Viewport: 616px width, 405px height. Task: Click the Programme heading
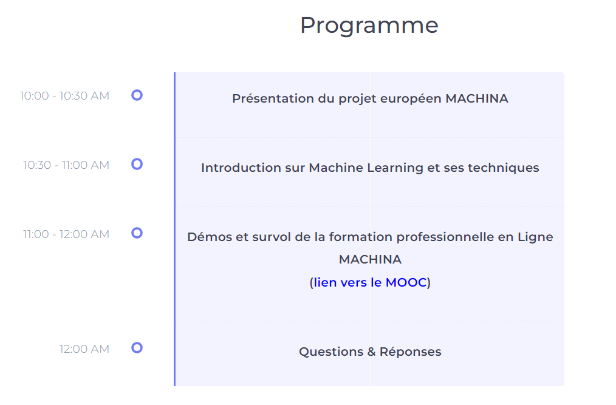(x=369, y=26)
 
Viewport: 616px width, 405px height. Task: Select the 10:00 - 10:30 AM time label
(x=64, y=96)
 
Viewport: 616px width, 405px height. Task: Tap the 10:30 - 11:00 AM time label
(x=66, y=165)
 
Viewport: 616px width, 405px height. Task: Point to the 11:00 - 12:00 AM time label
(x=66, y=234)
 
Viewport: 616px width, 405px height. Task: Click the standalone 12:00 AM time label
(x=84, y=349)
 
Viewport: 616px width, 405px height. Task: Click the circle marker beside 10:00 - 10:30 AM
(x=137, y=95)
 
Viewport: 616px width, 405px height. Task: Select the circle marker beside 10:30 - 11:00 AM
(x=137, y=164)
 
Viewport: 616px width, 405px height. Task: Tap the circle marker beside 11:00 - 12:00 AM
(x=137, y=233)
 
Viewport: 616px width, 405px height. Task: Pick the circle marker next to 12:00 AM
(x=137, y=348)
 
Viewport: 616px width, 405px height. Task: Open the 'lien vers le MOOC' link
(x=370, y=282)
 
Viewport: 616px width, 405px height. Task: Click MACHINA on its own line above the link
(x=370, y=260)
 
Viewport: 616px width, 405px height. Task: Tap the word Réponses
(x=411, y=352)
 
